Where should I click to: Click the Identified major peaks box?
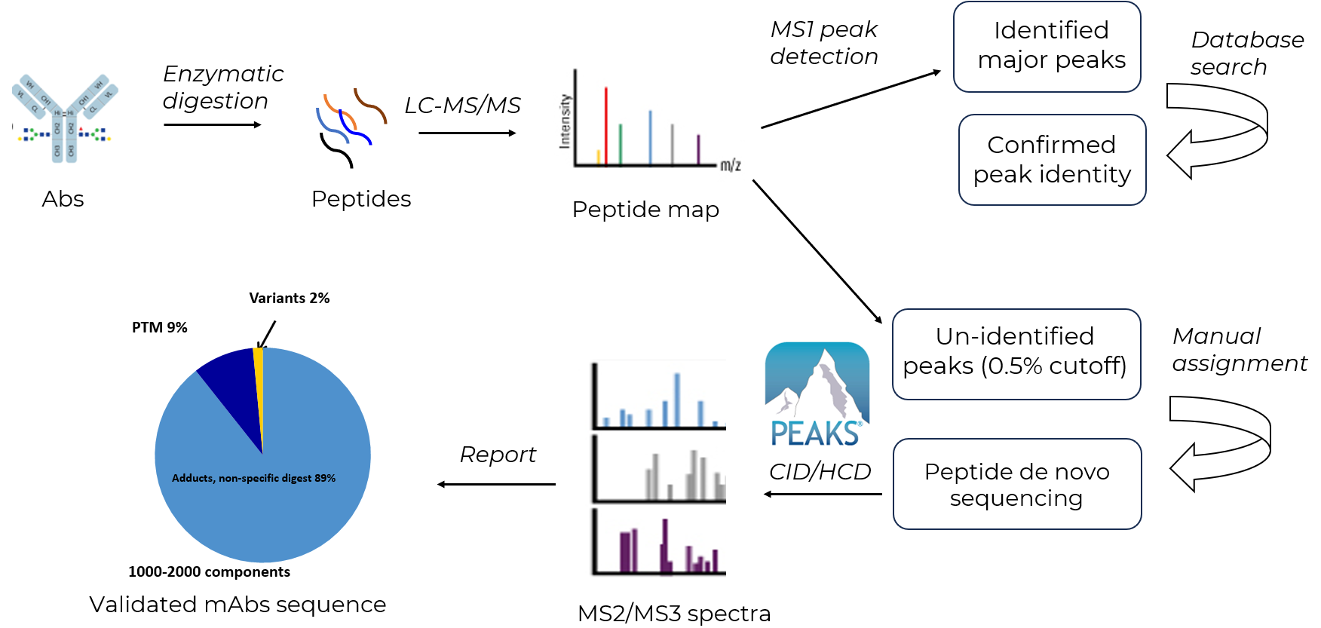point(1047,47)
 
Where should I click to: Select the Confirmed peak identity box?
point(1052,160)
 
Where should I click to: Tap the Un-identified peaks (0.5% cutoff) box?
point(1016,354)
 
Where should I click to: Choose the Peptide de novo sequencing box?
point(1016,484)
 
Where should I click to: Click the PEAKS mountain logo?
point(817,394)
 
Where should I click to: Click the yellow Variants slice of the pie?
point(259,362)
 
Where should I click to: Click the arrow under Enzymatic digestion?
point(213,124)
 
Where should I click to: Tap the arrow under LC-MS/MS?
point(467,133)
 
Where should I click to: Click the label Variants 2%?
point(290,298)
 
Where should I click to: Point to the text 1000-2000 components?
point(209,571)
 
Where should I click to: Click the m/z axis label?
point(731,165)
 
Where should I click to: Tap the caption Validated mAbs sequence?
point(238,604)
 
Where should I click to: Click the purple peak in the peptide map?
point(698,149)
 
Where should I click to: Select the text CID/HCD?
point(820,471)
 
